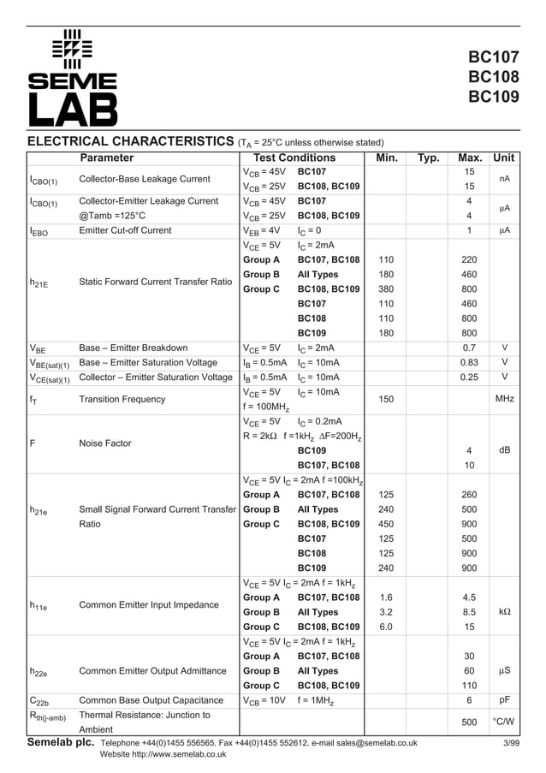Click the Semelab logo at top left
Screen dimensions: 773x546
click(x=72, y=77)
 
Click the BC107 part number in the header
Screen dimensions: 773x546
click(x=493, y=58)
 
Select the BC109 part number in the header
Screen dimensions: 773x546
click(x=493, y=97)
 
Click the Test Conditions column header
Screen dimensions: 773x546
click(x=294, y=158)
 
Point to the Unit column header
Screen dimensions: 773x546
click(x=504, y=158)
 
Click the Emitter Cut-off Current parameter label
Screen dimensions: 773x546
click(x=125, y=230)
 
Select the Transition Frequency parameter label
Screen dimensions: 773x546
click(x=122, y=399)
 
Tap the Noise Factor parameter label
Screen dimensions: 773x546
click(x=105, y=443)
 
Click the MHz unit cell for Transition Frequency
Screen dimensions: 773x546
click(x=504, y=399)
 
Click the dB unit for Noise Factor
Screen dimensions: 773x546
click(x=504, y=450)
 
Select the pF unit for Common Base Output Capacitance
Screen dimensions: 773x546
click(x=504, y=700)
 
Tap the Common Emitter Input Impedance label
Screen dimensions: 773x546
click(x=149, y=605)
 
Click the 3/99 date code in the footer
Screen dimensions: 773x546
click(x=510, y=743)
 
